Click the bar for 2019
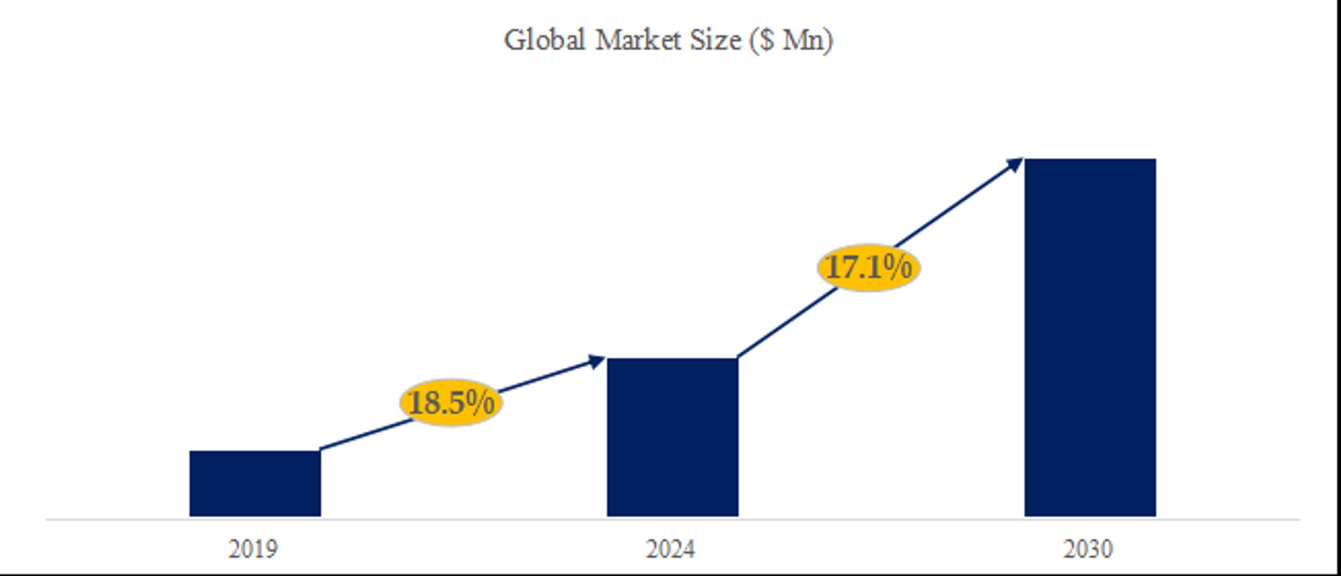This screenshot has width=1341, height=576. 255,483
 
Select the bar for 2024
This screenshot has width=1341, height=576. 672,437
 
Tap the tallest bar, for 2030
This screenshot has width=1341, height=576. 1090,337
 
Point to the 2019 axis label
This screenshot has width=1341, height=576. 253,549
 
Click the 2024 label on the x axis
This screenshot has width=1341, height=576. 670,549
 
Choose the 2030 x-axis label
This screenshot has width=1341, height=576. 1088,549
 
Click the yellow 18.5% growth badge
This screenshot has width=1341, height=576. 451,403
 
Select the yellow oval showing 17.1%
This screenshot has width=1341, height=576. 868,268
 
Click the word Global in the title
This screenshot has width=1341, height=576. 544,41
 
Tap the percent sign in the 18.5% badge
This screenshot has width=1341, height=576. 480,402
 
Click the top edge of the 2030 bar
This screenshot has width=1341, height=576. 1090,160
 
